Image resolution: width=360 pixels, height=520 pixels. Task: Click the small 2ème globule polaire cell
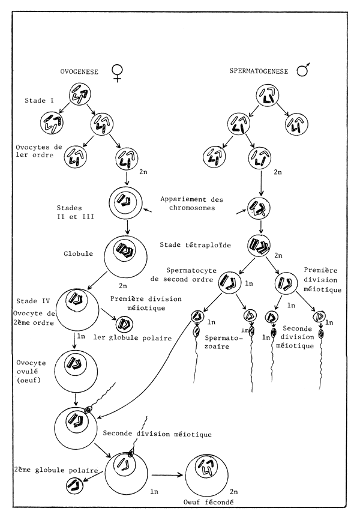[x=76, y=486]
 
